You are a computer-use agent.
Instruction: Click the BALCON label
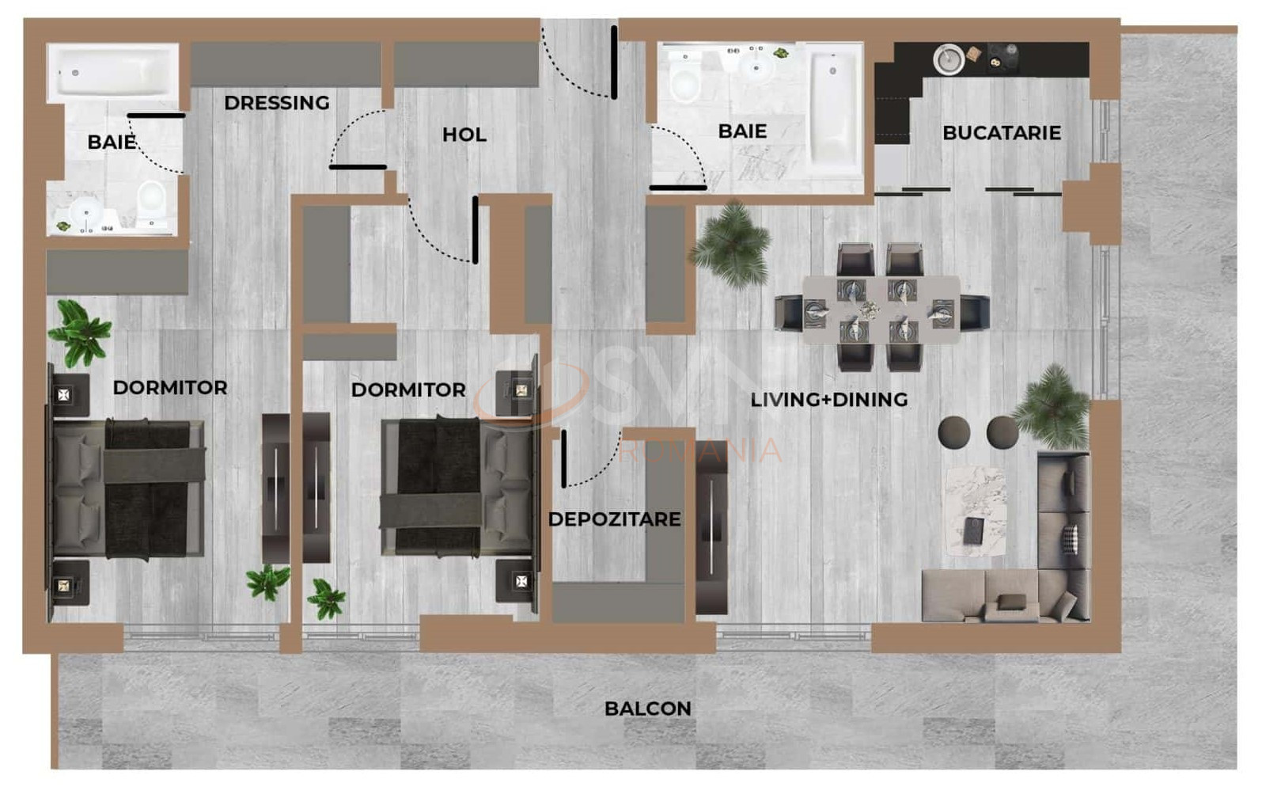click(x=648, y=709)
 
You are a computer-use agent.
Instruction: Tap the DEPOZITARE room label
click(x=614, y=519)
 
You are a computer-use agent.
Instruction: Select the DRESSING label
click(x=277, y=103)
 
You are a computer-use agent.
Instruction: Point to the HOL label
click(x=464, y=135)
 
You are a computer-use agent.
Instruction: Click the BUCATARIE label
click(x=1002, y=133)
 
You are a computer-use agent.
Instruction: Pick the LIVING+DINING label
click(x=828, y=400)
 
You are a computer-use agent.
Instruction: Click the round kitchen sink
click(x=949, y=59)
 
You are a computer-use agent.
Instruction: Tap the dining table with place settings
click(x=881, y=310)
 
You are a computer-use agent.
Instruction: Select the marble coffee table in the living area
click(x=976, y=511)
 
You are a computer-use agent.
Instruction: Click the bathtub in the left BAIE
click(x=112, y=74)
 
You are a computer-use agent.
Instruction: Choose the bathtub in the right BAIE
click(x=833, y=110)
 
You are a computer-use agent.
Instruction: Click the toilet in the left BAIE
click(x=151, y=201)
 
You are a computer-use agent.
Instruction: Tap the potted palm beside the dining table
click(x=731, y=245)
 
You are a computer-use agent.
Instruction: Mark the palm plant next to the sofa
click(x=1052, y=407)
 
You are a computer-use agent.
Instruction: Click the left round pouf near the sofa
click(x=954, y=432)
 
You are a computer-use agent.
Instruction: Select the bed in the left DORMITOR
click(x=127, y=489)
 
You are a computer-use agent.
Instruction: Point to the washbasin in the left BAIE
click(x=85, y=213)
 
